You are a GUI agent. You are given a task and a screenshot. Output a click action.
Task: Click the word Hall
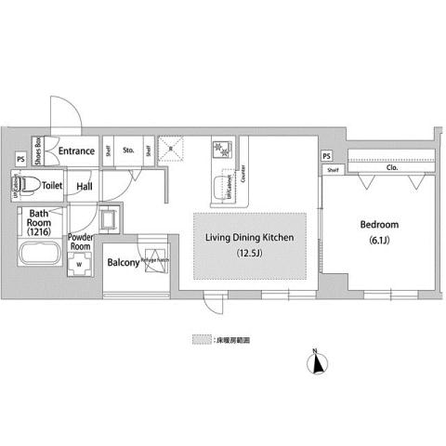pos(85,187)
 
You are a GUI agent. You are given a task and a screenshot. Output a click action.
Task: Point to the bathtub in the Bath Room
pos(39,256)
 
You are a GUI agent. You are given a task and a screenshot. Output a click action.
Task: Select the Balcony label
pos(122,263)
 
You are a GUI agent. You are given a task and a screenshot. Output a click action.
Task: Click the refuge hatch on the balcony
pos(152,260)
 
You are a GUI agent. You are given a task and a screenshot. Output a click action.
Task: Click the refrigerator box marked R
pos(172,146)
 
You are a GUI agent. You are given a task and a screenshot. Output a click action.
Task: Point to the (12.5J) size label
pos(249,254)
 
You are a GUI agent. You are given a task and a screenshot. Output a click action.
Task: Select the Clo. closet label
pos(391,169)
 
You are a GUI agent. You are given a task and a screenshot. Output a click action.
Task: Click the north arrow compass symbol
pos(318,361)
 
